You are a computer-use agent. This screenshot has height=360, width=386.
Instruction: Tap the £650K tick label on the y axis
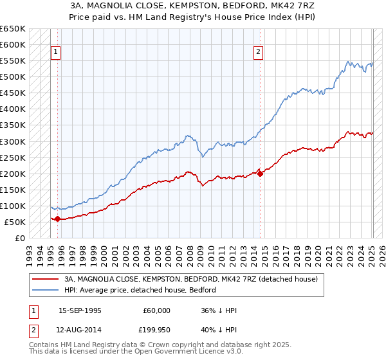tap(13, 29)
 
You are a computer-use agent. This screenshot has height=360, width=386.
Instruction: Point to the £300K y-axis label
tap(13, 141)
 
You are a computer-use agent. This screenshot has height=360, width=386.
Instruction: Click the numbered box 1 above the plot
tap(56, 53)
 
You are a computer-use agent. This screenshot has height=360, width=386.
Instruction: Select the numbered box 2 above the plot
tap(259, 53)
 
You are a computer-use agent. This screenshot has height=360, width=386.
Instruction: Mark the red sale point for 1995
tap(57, 219)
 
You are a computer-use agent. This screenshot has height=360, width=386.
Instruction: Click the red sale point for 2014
tap(260, 174)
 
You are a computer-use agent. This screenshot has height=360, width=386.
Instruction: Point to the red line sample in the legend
tap(46, 280)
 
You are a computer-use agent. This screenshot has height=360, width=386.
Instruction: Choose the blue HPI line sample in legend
tap(46, 290)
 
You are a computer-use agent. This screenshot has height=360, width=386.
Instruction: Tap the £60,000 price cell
tap(157, 310)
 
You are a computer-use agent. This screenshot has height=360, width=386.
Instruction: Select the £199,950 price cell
tap(157, 330)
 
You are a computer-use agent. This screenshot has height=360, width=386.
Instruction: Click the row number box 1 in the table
tap(33, 310)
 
